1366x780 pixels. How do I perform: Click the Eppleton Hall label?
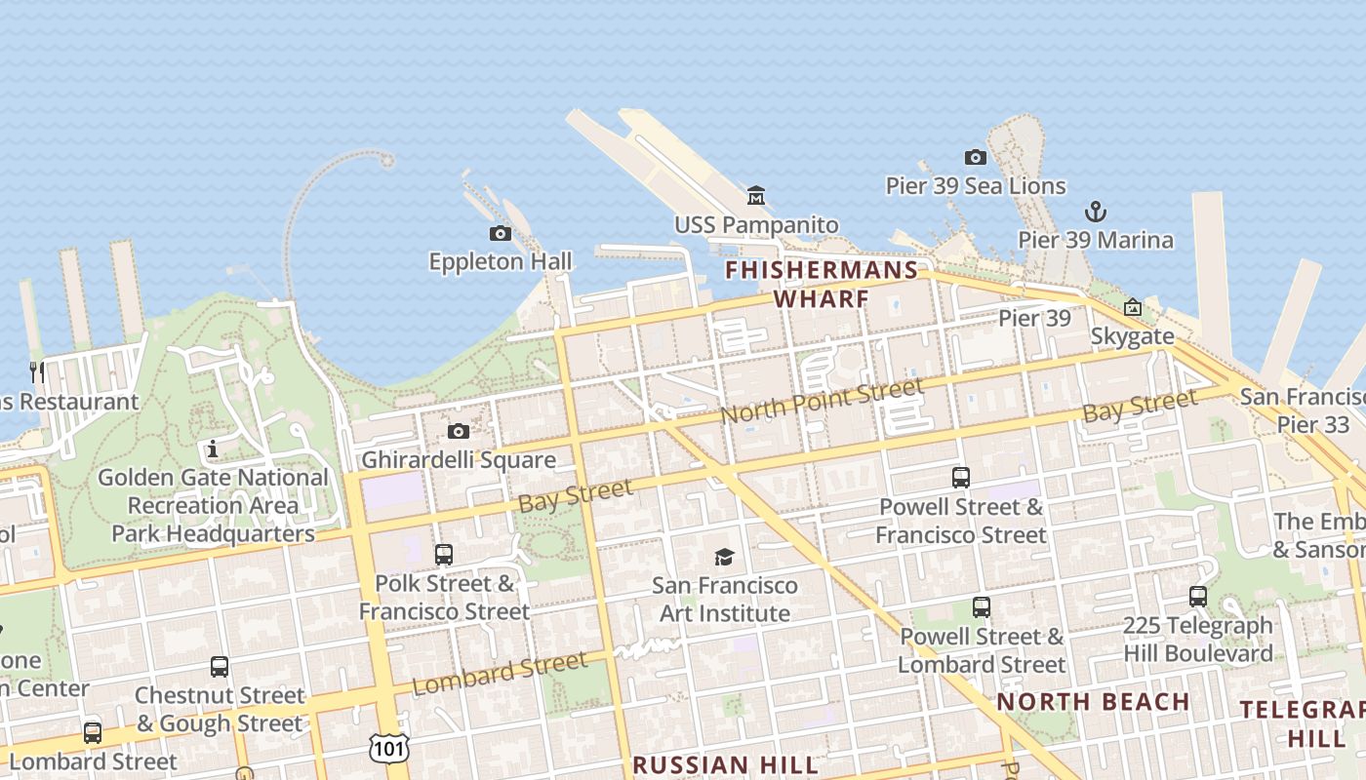501,261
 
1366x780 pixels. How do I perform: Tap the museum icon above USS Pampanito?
755,196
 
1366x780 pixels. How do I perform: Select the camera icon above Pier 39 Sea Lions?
975,157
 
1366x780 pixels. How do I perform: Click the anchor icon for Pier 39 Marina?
1096,212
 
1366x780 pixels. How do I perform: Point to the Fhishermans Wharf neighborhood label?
823,284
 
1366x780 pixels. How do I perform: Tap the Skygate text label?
1132,336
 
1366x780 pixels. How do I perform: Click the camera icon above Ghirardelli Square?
458,431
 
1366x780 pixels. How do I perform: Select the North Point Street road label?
822,401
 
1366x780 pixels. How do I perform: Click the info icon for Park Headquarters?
213,448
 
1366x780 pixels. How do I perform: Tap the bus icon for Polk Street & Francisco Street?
444,555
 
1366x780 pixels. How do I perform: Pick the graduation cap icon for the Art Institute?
724,557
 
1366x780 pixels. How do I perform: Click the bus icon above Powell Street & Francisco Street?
961,478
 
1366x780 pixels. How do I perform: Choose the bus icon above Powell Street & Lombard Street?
982,607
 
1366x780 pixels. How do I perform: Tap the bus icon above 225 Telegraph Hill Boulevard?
1198,597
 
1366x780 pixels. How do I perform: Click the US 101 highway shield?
389,748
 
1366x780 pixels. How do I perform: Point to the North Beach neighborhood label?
1093,702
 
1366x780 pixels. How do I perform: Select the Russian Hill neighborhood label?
725,764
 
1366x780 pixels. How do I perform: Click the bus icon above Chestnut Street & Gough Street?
220,667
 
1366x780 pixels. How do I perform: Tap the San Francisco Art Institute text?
725,600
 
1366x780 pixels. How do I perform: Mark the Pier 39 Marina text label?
1096,240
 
